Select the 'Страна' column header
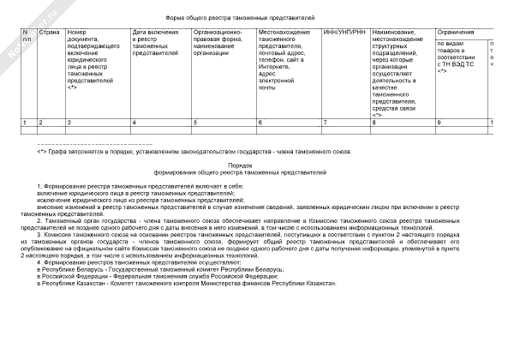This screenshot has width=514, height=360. pyautogui.click(x=49, y=32)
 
